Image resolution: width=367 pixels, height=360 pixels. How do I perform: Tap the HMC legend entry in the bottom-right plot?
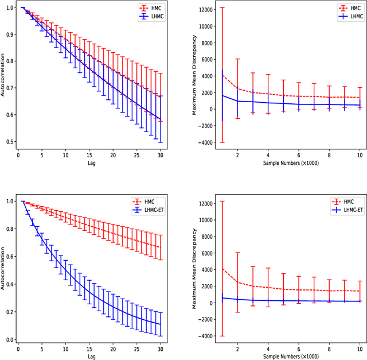tap(342, 202)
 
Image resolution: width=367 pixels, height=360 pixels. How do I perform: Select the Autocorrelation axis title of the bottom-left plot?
tap(3, 270)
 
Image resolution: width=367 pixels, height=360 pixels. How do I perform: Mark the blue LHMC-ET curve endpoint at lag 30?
tap(161, 324)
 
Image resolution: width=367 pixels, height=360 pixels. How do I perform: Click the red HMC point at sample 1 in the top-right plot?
tap(222, 75)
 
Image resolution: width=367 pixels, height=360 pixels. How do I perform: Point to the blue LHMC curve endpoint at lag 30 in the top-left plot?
tap(161, 120)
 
